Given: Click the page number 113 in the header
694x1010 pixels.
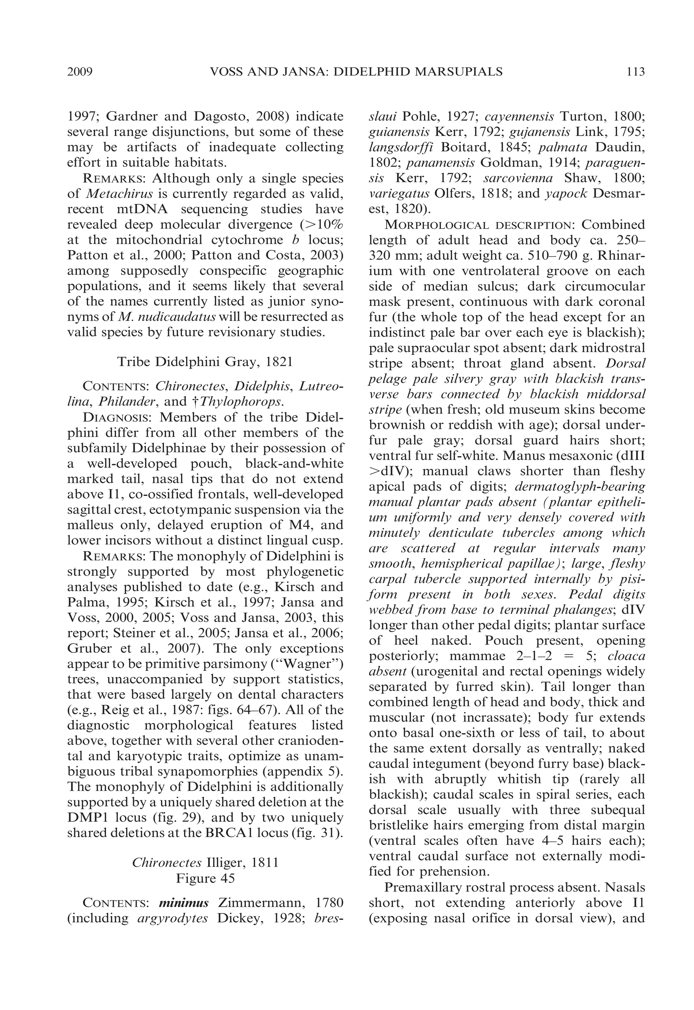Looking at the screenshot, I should [635, 71].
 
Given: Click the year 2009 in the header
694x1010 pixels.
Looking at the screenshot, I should [80, 71].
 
